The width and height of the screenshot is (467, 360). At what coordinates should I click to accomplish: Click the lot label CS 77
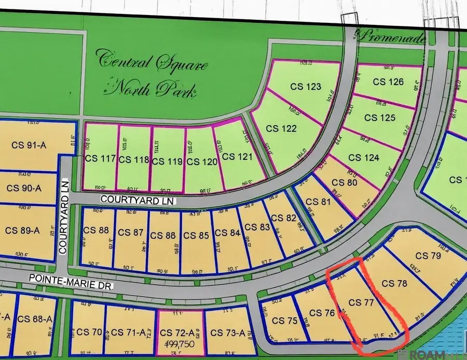click(362, 302)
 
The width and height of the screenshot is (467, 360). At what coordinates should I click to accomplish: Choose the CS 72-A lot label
click(180, 333)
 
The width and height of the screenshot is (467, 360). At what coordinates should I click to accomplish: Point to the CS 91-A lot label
click(29, 145)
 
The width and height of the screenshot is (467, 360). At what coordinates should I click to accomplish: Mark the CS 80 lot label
click(345, 182)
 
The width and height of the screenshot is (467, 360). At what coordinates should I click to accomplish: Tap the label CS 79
click(428, 256)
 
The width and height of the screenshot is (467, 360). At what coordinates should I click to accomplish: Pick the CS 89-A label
click(22, 230)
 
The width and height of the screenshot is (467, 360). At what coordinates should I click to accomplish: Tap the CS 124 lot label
click(364, 157)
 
